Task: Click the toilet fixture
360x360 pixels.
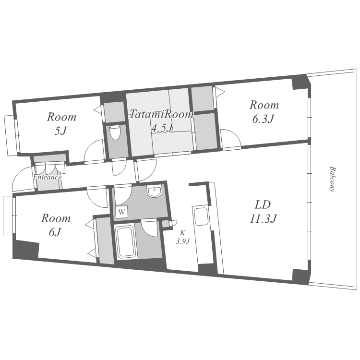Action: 115,132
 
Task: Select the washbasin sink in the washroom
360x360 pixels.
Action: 154,192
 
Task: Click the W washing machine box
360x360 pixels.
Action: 122,212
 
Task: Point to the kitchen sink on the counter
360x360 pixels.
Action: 201,216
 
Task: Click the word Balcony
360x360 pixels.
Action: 332,179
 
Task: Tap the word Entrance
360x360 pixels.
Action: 47,177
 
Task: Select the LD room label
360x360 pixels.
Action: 263,204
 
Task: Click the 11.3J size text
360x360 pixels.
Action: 263,218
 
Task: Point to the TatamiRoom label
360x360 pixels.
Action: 162,114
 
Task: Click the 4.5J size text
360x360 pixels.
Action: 162,128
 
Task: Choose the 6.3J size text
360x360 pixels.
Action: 263,119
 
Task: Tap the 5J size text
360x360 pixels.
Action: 60,131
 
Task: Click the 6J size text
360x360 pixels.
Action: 55,232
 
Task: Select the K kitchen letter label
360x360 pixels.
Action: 182,233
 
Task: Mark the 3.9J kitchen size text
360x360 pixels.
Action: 183,241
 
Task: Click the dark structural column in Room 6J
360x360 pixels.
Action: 25,250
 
